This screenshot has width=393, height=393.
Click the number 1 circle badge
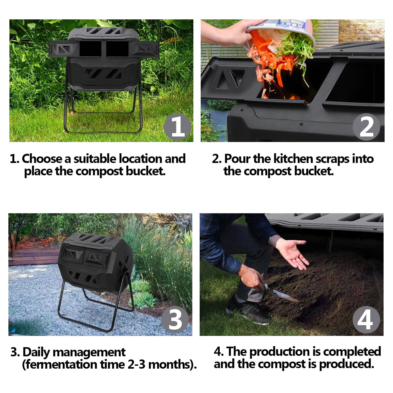[x=177, y=127]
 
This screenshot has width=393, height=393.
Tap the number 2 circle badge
[x=366, y=127]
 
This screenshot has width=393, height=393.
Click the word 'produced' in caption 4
[x=346, y=364]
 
